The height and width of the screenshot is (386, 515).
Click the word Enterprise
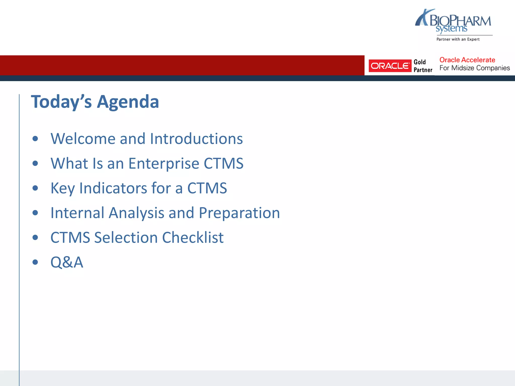tap(164, 164)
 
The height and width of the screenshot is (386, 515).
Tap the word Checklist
tap(193, 237)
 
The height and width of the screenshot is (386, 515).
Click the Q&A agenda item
tap(67, 262)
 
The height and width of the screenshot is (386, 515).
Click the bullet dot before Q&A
tap(35, 262)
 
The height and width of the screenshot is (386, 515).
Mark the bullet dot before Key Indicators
tap(35, 188)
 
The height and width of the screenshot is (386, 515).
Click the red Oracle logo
tap(390, 66)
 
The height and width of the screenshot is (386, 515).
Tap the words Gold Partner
tap(423, 66)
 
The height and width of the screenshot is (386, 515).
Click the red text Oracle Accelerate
tap(467, 60)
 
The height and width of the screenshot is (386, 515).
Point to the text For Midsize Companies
tap(475, 68)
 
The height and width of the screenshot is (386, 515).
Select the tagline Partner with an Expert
tap(458, 39)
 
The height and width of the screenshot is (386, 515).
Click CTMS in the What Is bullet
tap(223, 164)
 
